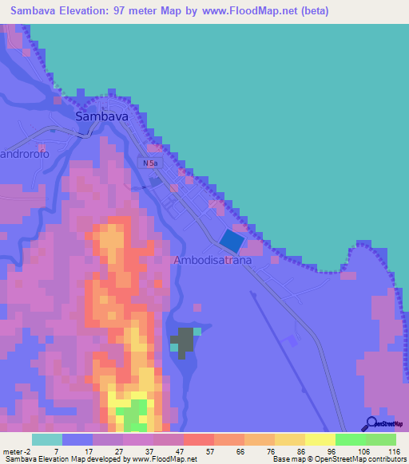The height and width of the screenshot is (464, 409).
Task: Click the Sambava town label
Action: click(101, 116)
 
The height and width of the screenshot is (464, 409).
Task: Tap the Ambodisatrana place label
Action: click(212, 261)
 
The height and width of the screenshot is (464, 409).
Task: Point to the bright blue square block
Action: click(232, 239)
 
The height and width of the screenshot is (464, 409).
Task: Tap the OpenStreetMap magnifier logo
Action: click(371, 424)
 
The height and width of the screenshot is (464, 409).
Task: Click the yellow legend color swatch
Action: click(320, 439)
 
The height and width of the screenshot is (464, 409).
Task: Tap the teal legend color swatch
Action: click(46, 439)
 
